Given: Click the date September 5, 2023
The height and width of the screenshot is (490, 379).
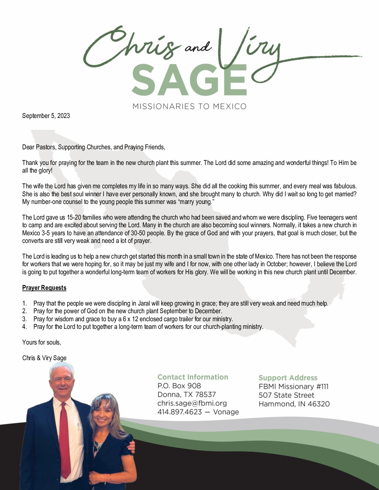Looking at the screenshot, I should [x=46, y=116].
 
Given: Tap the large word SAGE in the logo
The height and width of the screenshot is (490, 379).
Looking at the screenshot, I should [x=189, y=79].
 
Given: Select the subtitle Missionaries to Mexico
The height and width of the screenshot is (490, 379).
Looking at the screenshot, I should [x=189, y=106].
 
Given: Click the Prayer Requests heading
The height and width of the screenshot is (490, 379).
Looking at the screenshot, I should [x=44, y=288].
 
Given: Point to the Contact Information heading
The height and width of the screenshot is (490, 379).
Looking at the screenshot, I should [x=193, y=377].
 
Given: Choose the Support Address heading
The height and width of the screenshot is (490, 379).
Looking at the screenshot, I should [x=288, y=378].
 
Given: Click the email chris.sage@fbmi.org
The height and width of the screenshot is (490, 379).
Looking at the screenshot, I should [x=192, y=403].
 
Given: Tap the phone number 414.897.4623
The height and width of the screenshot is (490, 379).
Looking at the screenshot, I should [x=180, y=412].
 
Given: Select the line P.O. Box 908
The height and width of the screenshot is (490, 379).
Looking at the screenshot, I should [x=179, y=386].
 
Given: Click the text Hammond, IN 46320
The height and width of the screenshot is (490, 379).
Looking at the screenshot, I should [x=294, y=404].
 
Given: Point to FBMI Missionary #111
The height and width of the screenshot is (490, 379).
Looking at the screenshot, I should [x=293, y=386].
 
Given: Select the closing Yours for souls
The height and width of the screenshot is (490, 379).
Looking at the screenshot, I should [x=41, y=342].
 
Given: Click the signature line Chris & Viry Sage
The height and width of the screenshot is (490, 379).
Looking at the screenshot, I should [x=44, y=358].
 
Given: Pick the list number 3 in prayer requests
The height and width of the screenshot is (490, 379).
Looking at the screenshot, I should [x=24, y=319].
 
